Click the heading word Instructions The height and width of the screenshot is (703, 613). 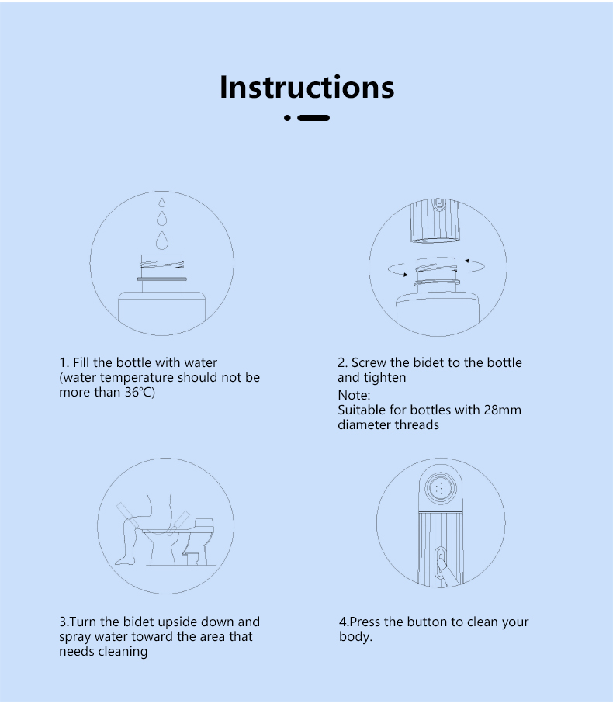pyautogui.click(x=306, y=87)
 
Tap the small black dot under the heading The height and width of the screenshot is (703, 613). pyautogui.click(x=287, y=118)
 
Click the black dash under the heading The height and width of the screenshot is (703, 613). pyautogui.click(x=313, y=118)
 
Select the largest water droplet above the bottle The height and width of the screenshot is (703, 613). pyautogui.click(x=162, y=241)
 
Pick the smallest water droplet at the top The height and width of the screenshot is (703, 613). pyautogui.click(x=162, y=203)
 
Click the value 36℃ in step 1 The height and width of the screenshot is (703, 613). pyautogui.click(x=140, y=393)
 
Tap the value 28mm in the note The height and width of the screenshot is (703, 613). pyautogui.click(x=502, y=410)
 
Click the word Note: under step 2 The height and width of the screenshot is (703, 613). pyautogui.click(x=354, y=396)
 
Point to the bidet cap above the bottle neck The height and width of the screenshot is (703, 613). pyautogui.click(x=435, y=220)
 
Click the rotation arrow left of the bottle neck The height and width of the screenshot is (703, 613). pyautogui.click(x=397, y=270)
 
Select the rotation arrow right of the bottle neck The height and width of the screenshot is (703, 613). pyautogui.click(x=475, y=265)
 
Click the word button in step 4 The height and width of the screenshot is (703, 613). pyautogui.click(x=428, y=622)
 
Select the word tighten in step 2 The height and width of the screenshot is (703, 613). pyautogui.click(x=384, y=378)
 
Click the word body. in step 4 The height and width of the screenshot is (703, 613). pyautogui.click(x=355, y=636)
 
